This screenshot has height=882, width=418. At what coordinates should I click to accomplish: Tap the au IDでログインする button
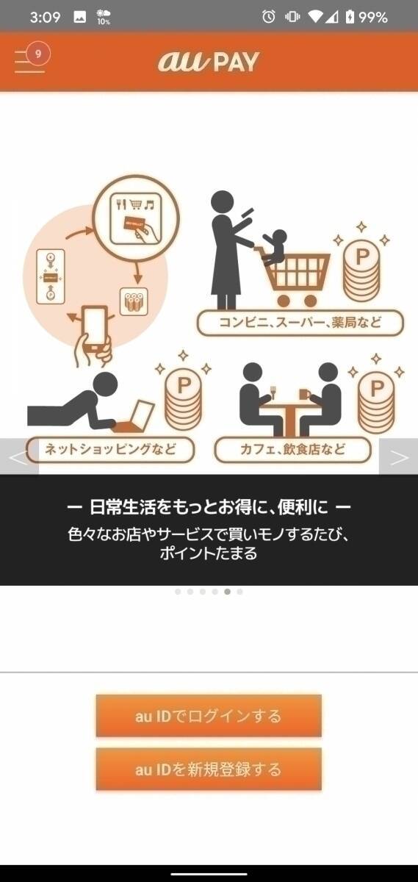click(x=209, y=716)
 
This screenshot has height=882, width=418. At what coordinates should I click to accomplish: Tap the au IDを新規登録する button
click(x=209, y=770)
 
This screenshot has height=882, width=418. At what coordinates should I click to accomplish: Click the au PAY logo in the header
click(x=209, y=62)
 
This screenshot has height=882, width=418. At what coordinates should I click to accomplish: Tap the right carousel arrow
click(x=399, y=457)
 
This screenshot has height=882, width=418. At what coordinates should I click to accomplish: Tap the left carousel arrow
click(x=18, y=457)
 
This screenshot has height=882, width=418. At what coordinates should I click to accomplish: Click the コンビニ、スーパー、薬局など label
click(x=300, y=323)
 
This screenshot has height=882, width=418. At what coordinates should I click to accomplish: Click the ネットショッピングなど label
click(x=110, y=449)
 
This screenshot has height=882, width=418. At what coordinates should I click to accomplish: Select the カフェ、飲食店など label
click(x=292, y=449)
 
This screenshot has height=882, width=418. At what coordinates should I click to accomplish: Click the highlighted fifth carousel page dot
click(x=228, y=591)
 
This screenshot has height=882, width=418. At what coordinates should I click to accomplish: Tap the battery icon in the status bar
click(x=350, y=17)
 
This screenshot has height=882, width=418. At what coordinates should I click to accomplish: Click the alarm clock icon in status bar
click(x=269, y=17)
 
